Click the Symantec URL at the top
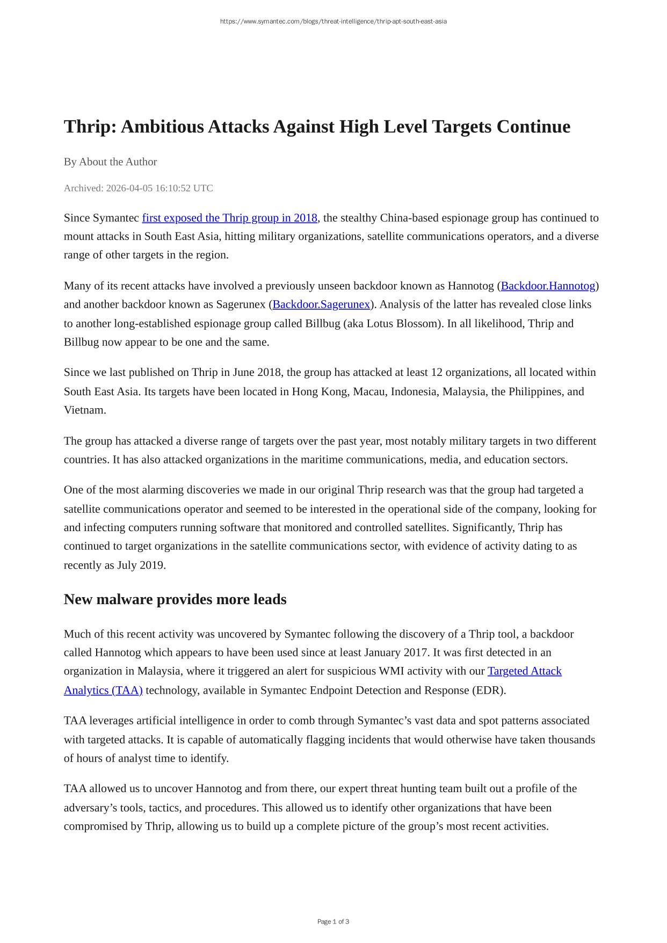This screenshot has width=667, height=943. [333, 21]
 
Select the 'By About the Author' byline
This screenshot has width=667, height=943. [110, 162]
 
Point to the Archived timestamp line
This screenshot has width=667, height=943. [138, 188]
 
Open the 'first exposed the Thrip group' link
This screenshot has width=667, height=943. [229, 218]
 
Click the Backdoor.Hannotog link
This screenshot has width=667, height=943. [548, 286]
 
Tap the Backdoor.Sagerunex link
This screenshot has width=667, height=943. [321, 304]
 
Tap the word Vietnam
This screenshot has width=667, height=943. [84, 410]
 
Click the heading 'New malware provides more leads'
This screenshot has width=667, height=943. [175, 599]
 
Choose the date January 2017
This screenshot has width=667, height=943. [396, 652]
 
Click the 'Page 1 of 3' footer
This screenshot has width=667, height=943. [333, 922]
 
